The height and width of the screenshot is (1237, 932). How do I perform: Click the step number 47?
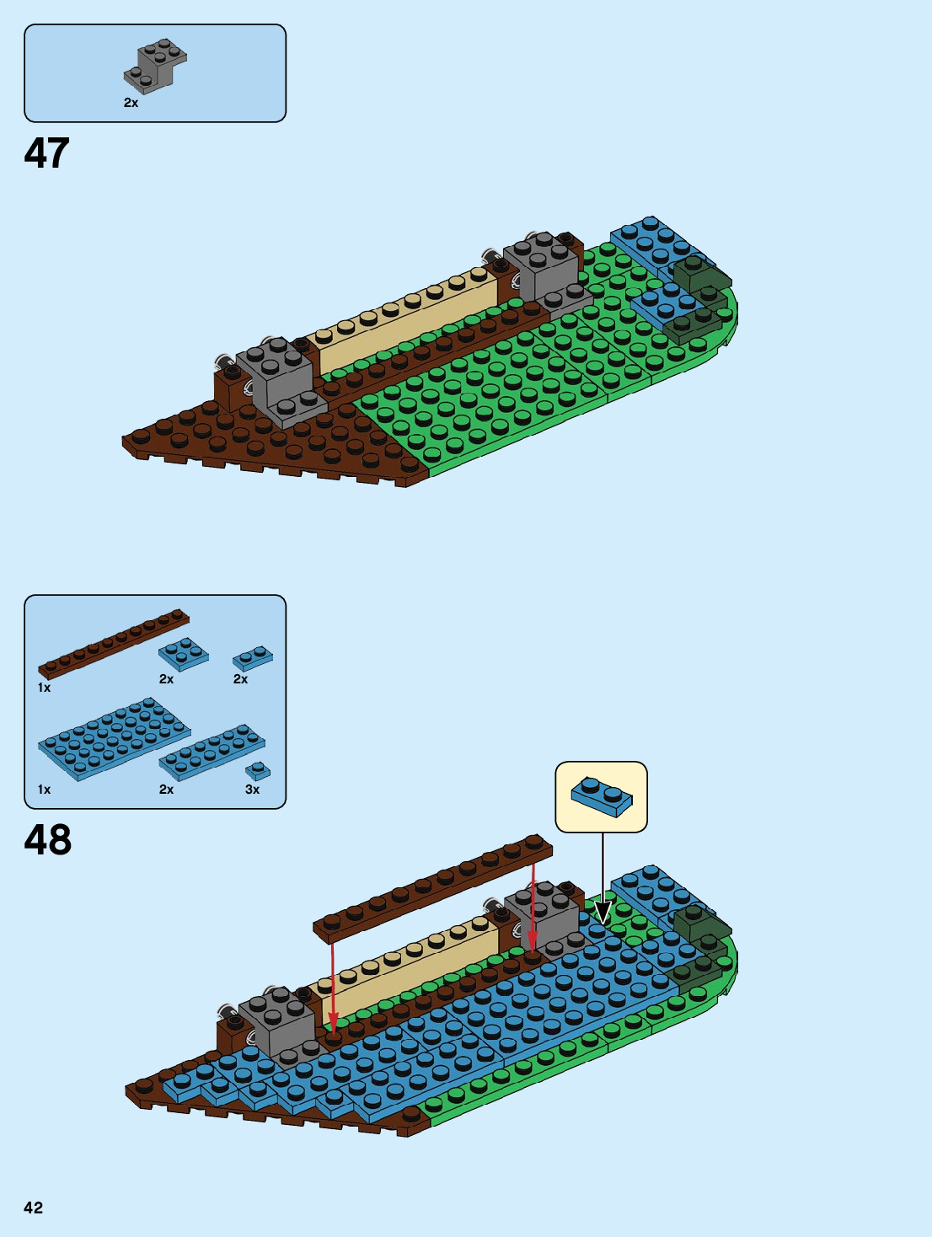pyautogui.click(x=46, y=153)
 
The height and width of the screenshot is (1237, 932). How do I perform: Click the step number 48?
pyautogui.click(x=48, y=840)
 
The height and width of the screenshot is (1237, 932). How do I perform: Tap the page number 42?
pyautogui.click(x=33, y=1208)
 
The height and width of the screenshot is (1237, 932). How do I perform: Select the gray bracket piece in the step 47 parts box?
pyautogui.click(x=156, y=66)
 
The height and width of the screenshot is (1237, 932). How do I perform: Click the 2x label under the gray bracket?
pyautogui.click(x=131, y=103)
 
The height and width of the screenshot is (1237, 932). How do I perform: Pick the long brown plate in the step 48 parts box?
pyautogui.click(x=114, y=643)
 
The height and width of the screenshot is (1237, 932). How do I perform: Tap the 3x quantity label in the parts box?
pyautogui.click(x=252, y=790)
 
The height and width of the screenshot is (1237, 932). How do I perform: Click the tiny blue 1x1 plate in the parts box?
pyautogui.click(x=258, y=770)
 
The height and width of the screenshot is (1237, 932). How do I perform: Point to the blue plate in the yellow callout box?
pyautogui.click(x=602, y=796)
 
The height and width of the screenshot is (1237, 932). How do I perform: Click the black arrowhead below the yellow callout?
pyautogui.click(x=603, y=913)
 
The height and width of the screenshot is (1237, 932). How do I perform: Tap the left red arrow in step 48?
pyautogui.click(x=333, y=986)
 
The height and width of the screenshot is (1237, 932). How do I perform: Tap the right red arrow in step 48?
pyautogui.click(x=533, y=914)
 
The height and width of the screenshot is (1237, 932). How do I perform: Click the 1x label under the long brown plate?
pyautogui.click(x=44, y=688)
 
